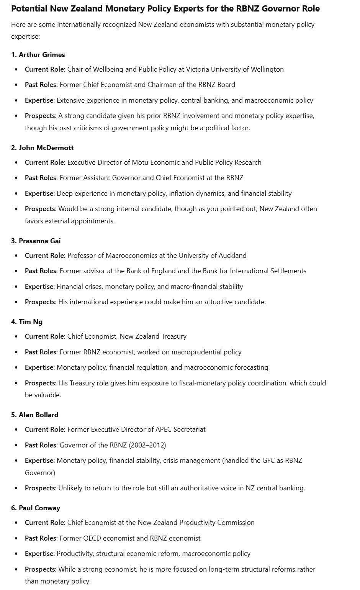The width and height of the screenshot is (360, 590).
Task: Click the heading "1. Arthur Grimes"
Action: pyautogui.click(x=38, y=55)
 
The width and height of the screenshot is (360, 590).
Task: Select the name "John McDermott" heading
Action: pyautogui.click(x=46, y=148)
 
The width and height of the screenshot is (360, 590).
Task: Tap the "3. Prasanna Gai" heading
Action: pyautogui.click(x=36, y=241)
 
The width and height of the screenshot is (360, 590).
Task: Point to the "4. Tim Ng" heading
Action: pyautogui.click(x=27, y=322)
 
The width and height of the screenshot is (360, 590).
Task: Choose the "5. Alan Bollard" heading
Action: pyautogui.click(x=35, y=415)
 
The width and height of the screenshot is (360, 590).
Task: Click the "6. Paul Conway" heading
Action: pyautogui.click(x=36, y=508)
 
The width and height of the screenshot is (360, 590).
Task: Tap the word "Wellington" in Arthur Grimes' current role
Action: pyautogui.click(x=267, y=69)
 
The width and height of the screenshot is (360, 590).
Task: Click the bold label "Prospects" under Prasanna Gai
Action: pyautogui.click(x=40, y=302)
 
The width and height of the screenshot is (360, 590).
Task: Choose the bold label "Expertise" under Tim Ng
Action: pyautogui.click(x=39, y=367)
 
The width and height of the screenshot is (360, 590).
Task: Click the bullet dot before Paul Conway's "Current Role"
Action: pyautogui.click(x=16, y=523)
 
